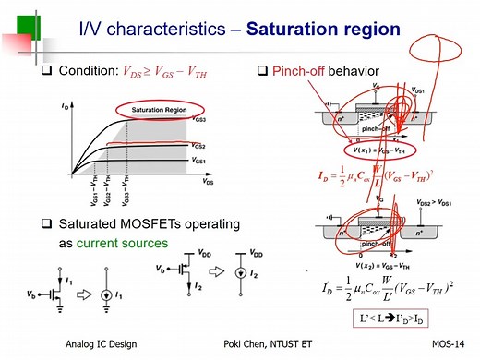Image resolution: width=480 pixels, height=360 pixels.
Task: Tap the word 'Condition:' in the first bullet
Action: pyautogui.click(x=86, y=71)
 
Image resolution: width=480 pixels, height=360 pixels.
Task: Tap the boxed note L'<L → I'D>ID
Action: pyautogui.click(x=393, y=318)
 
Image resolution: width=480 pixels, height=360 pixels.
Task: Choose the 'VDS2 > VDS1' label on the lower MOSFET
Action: pyautogui.click(x=432, y=201)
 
